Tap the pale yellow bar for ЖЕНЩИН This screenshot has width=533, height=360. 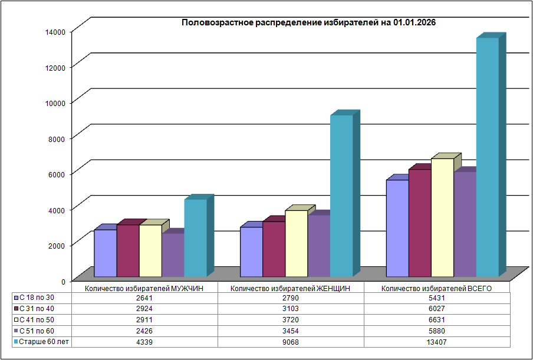[x=297, y=243]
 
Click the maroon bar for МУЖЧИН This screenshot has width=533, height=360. [x=128, y=250]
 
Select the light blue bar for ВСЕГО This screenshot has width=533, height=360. [x=397, y=227]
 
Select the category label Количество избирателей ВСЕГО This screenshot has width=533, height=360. [x=436, y=289]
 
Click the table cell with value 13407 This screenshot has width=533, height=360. [x=437, y=342]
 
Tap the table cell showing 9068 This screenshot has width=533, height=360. [x=291, y=342]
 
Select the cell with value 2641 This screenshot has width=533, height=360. [x=145, y=298]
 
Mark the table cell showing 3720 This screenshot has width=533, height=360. [x=291, y=320]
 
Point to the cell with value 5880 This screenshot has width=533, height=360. [x=437, y=331]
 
